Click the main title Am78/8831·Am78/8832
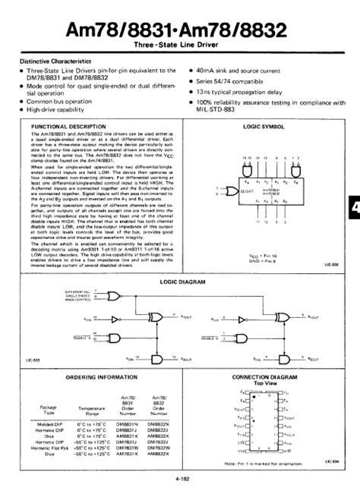click(x=180, y=31)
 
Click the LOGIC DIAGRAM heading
click(x=179, y=282)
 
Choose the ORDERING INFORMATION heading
click(x=90, y=376)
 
